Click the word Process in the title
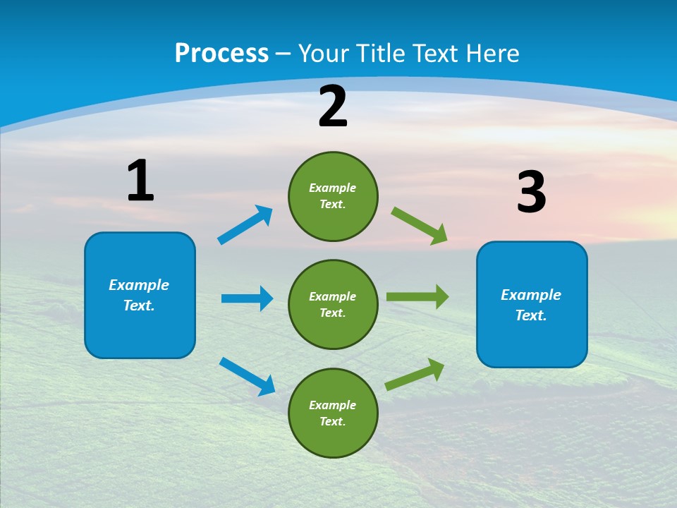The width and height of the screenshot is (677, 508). click(221, 54)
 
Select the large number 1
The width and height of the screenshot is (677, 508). click(140, 181)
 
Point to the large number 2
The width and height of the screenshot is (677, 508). click(333, 107)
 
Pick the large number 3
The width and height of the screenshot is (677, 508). click(531, 193)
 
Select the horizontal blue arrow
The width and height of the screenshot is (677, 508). click(247, 298)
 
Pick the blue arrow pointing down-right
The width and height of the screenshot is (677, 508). click(248, 375)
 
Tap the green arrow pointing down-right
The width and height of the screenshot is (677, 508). click(420, 226)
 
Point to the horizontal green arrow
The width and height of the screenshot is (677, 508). click(417, 297)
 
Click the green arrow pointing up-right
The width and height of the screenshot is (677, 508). click(415, 374)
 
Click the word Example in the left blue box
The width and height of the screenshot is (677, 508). click(139, 285)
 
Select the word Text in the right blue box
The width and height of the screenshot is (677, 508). click(531, 315)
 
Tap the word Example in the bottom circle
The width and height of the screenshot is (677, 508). click(332, 405)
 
